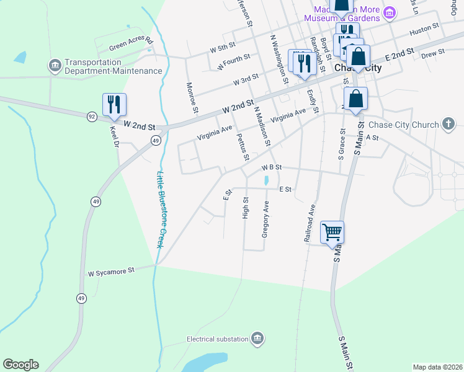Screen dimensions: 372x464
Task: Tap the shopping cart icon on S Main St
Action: tap(332, 232)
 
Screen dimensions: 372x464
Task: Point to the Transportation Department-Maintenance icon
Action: tap(55, 65)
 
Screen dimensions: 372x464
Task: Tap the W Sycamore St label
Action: tap(111, 272)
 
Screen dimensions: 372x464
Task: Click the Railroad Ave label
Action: tap(308, 224)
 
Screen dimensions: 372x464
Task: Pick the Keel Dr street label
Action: tap(114, 138)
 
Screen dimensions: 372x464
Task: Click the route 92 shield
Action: tap(92, 116)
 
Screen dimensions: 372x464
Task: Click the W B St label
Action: tap(272, 167)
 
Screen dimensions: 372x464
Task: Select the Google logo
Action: tap(21, 365)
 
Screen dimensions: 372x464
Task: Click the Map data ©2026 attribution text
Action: tap(437, 366)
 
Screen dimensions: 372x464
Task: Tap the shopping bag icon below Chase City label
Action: tap(355, 99)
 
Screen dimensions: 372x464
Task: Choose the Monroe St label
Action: tap(192, 98)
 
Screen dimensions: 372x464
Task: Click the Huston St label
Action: tap(424, 28)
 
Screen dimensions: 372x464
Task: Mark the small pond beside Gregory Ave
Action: tap(266, 181)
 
